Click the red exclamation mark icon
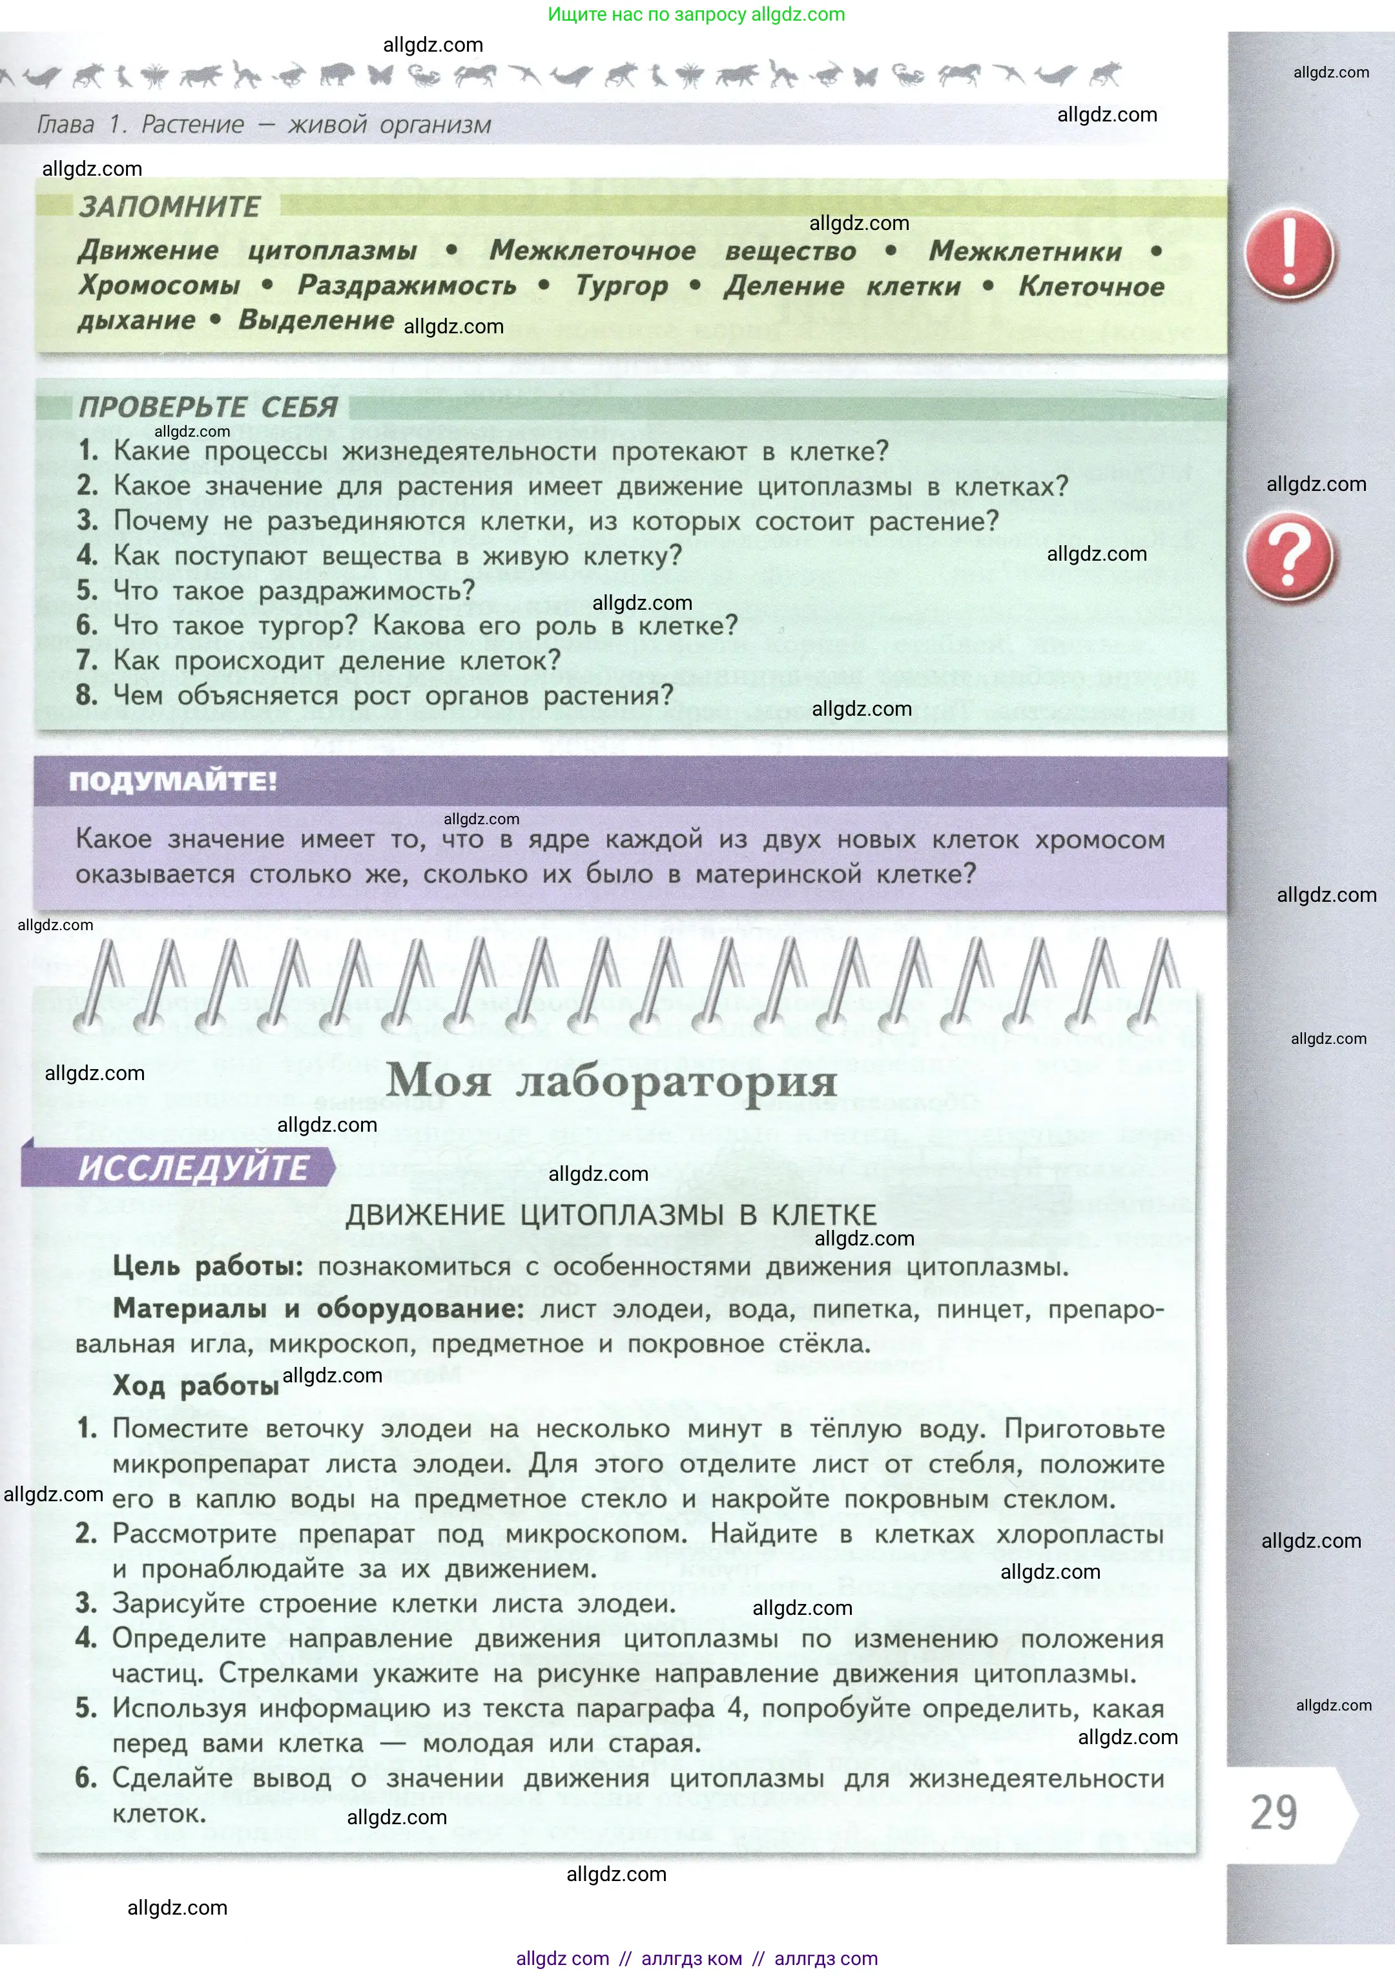1288,254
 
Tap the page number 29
1274,1813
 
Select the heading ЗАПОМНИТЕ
170,207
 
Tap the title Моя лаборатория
611,1081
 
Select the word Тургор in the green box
621,286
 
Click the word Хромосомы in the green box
160,285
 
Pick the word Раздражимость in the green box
407,286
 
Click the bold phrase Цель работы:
207,1267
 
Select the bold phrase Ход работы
195,1386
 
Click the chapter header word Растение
192,125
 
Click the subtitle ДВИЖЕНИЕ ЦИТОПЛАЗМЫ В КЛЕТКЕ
611,1214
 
